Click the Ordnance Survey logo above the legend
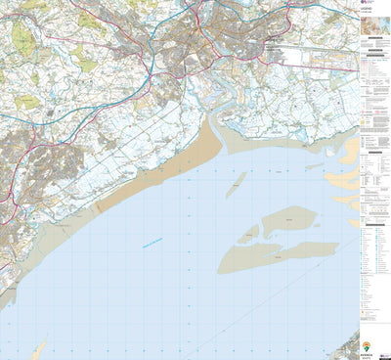[365, 7]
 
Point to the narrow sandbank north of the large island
[236, 184]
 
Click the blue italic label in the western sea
[152, 242]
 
